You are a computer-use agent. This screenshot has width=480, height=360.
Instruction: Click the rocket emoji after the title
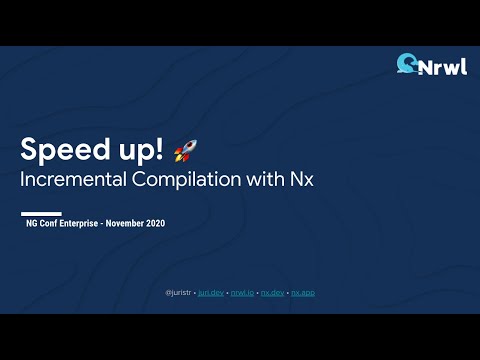tap(185, 151)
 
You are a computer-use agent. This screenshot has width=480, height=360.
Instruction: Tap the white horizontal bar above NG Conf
tap(42, 212)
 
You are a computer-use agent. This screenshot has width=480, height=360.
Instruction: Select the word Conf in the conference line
tap(51, 223)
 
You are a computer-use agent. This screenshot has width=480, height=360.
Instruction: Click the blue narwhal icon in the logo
tap(407, 64)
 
